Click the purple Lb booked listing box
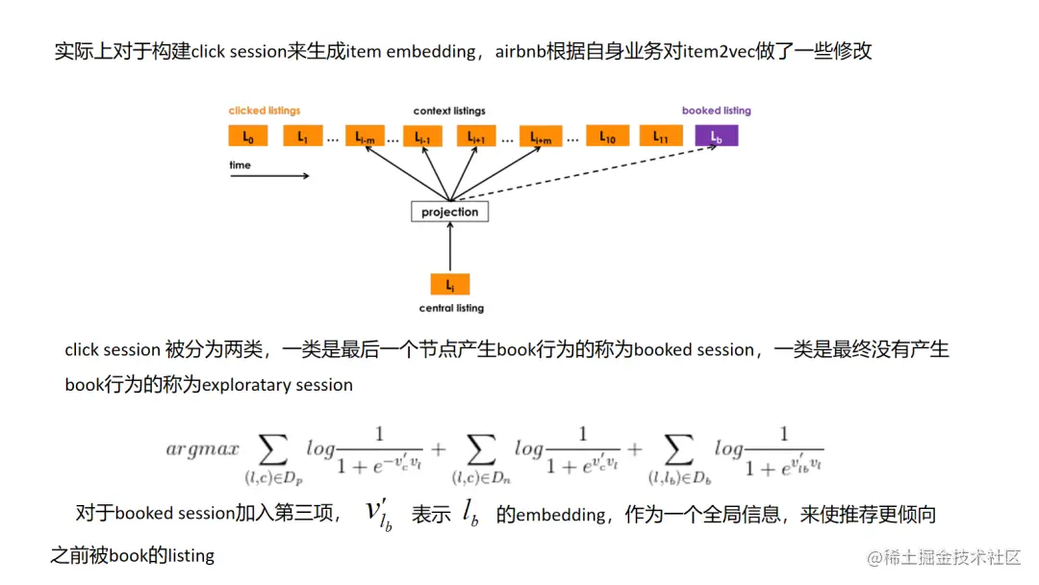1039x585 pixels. click(x=716, y=137)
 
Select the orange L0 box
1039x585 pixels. click(x=248, y=137)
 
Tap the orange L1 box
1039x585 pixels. click(x=302, y=137)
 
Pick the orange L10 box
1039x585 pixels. click(x=607, y=137)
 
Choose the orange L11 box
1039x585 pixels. click(x=661, y=137)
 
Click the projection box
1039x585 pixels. click(x=449, y=212)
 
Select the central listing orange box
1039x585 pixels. click(x=449, y=285)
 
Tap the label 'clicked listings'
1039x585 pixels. click(x=265, y=111)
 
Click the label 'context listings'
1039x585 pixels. click(x=449, y=112)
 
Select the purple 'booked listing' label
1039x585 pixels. click(x=716, y=111)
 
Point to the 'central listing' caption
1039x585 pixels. click(x=451, y=309)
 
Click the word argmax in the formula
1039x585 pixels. click(x=202, y=449)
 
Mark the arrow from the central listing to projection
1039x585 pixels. click(x=449, y=248)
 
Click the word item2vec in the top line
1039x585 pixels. click(x=718, y=51)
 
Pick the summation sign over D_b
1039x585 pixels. click(x=679, y=448)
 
